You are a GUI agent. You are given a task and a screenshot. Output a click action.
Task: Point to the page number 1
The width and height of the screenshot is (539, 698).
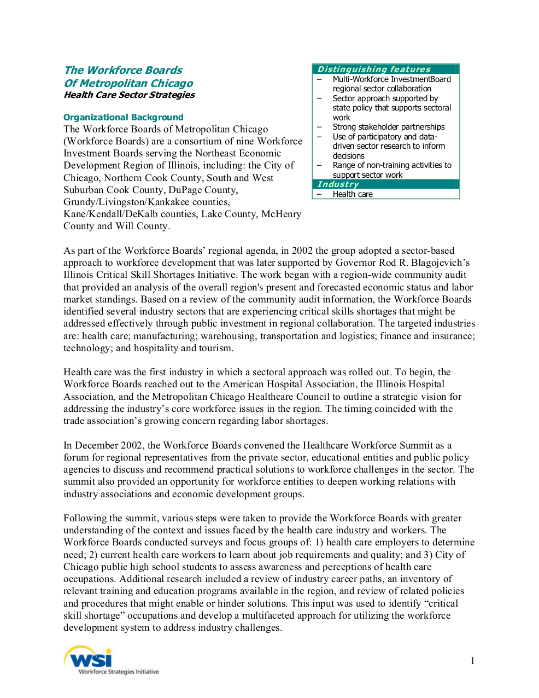472,661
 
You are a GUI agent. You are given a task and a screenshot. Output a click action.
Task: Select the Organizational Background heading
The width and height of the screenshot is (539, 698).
123,117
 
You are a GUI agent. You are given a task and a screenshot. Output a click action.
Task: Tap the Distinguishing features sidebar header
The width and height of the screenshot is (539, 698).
374,69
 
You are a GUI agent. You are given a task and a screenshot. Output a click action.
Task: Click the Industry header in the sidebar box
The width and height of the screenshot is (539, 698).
338,184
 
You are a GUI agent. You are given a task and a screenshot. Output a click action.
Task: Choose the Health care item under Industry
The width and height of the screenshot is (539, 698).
353,194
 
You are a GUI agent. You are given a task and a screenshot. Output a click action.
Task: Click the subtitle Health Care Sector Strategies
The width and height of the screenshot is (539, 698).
129,95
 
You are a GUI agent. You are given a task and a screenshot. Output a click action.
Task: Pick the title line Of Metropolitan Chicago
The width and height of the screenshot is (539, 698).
128,83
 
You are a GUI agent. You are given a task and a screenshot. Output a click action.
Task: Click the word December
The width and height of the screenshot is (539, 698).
99,445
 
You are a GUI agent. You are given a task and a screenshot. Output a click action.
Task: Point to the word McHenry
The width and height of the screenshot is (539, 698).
281,214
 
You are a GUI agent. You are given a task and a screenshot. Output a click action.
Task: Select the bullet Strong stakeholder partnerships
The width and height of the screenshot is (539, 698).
388,127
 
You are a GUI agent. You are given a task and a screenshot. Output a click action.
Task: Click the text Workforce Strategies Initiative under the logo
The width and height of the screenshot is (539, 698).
119,672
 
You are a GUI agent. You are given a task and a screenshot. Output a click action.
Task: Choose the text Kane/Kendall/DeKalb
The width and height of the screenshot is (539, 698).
108,214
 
